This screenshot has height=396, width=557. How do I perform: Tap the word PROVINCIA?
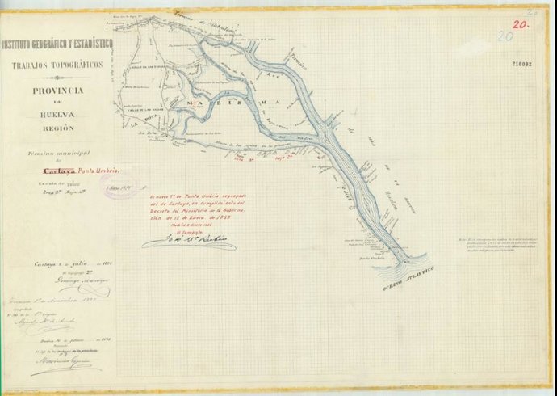(x=57, y=91)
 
